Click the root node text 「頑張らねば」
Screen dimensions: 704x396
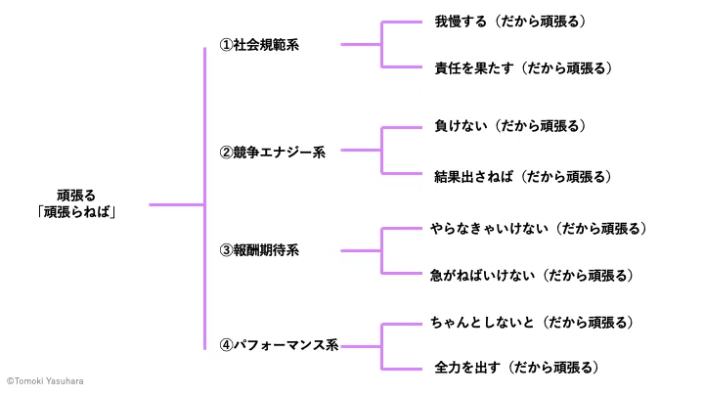(x=76, y=212)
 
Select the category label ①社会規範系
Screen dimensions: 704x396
(x=259, y=45)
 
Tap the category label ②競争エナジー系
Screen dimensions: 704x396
(x=273, y=153)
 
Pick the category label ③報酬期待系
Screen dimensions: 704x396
(x=259, y=250)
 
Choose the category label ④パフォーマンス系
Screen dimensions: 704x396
(x=279, y=345)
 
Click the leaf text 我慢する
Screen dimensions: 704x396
(x=461, y=22)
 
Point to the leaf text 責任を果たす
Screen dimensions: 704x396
(x=474, y=68)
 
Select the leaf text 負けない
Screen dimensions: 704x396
(x=461, y=126)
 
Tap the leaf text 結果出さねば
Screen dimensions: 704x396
(x=473, y=177)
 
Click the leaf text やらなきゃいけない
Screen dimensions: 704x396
(x=490, y=229)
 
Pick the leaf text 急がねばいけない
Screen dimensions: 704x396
(x=483, y=275)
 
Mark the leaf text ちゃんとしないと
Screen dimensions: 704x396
(x=483, y=323)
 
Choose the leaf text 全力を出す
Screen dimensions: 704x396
(x=467, y=368)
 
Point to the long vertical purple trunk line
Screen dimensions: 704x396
(x=204, y=198)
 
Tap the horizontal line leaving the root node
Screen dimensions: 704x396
(x=177, y=205)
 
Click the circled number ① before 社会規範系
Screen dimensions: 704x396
(x=226, y=45)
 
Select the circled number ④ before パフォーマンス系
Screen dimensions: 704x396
(x=226, y=345)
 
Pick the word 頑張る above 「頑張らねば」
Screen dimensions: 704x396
(x=76, y=196)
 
